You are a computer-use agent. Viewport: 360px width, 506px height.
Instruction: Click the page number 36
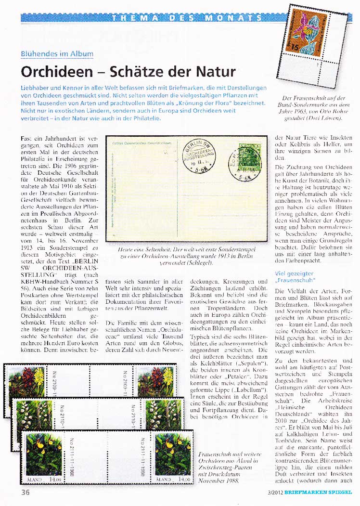[x=26, y=492]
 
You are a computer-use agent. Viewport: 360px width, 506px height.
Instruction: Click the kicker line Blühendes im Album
[x=57, y=54]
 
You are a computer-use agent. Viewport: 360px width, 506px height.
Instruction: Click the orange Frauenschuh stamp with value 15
[x=317, y=32]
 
